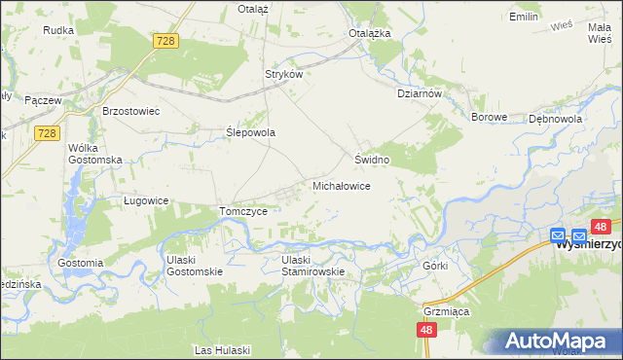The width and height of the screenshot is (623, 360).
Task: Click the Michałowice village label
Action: [340, 185]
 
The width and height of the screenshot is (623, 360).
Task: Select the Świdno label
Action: [372, 159]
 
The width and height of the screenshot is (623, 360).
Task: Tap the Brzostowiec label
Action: [131, 111]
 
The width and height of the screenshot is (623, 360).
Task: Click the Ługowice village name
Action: [147, 200]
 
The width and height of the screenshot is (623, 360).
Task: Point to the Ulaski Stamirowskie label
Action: [313, 266]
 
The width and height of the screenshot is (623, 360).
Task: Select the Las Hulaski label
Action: [223, 349]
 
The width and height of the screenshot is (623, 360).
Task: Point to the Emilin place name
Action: [524, 17]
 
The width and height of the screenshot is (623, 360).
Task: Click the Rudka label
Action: [58, 30]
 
